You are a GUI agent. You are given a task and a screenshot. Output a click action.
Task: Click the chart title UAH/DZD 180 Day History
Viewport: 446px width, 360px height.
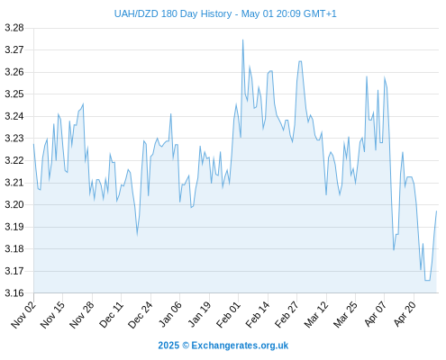click(173, 14)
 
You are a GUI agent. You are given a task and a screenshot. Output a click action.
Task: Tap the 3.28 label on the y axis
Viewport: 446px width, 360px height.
click(14, 28)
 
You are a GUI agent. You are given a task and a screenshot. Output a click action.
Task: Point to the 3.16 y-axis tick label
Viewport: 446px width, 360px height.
click(14, 293)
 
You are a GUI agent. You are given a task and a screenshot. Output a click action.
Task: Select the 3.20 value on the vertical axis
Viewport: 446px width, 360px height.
click(14, 205)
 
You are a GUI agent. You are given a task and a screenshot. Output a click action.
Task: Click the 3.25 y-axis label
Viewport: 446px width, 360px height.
click(14, 94)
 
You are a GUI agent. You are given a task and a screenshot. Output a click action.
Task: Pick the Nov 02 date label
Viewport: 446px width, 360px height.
click(23, 315)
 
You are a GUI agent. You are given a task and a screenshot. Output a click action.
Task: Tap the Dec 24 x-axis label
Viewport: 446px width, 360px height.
click(141, 315)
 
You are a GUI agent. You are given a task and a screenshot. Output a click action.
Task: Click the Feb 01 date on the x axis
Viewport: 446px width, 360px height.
click(228, 315)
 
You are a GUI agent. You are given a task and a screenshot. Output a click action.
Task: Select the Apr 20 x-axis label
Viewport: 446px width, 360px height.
click(405, 314)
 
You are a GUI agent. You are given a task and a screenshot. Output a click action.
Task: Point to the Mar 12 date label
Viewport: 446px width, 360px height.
click(316, 315)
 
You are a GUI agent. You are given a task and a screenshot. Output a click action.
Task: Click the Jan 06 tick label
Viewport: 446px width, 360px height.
click(170, 314)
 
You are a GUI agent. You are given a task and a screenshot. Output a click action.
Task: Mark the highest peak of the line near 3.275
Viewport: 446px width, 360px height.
click(242, 40)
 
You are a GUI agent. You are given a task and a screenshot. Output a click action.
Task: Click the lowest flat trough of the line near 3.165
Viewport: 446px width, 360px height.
click(427, 280)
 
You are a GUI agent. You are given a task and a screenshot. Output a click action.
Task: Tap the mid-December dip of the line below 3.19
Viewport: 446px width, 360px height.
click(137, 235)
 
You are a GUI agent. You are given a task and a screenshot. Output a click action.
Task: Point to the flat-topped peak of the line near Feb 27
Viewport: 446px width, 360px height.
click(300, 61)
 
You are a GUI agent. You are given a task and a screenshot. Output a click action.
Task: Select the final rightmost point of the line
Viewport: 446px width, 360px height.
click(436, 211)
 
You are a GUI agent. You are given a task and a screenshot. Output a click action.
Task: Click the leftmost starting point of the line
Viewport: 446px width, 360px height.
click(33, 144)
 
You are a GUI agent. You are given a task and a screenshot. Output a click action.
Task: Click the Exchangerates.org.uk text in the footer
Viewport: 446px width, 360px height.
click(240, 346)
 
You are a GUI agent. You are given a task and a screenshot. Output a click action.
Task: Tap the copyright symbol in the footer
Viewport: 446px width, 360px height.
click(186, 346)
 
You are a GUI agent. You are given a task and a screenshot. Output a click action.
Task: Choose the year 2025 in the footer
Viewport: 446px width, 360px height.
click(168, 346)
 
